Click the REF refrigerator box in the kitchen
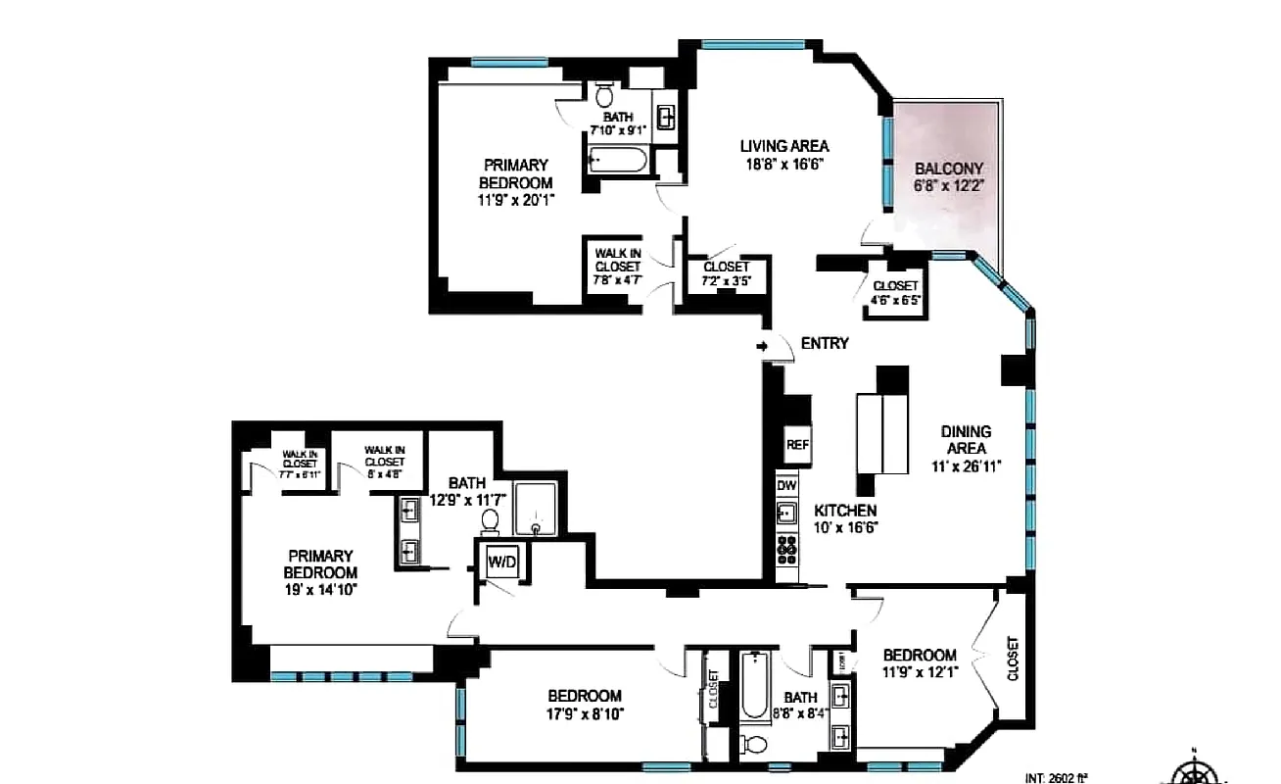[797, 444]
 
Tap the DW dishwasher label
[786, 485]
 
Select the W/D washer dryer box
[501, 563]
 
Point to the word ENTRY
[824, 343]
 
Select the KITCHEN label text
[845, 511]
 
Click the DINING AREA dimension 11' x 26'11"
[966, 466]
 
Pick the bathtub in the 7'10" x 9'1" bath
[618, 160]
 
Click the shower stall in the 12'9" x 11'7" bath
[536, 510]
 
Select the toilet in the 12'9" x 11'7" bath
[491, 518]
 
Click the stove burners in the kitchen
[786, 553]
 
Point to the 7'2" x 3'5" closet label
[726, 274]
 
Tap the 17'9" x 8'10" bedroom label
[585, 705]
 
